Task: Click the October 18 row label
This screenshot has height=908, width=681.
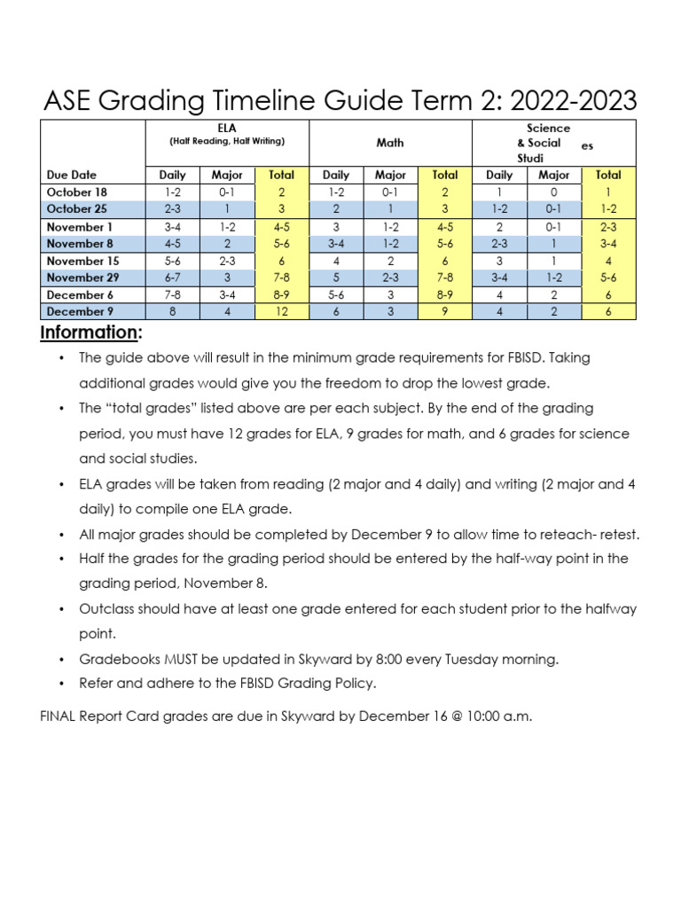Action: pyautogui.click(x=76, y=192)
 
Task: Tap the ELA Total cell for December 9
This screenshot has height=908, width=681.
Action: pyautogui.click(x=281, y=311)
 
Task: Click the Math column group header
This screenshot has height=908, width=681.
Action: pyautogui.click(x=390, y=142)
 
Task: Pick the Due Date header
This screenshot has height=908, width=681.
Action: pyautogui.click(x=72, y=176)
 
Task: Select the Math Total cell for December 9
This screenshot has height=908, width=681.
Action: pyautogui.click(x=444, y=311)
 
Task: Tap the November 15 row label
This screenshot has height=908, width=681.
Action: pyautogui.click(x=82, y=261)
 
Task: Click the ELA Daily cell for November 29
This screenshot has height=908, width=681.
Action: pyautogui.click(x=172, y=278)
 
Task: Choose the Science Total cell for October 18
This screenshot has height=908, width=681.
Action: pyautogui.click(x=608, y=192)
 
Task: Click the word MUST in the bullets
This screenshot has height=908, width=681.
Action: pyautogui.click(x=178, y=660)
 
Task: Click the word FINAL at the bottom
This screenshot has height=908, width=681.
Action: pyautogui.click(x=60, y=716)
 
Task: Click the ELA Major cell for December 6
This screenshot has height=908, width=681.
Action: pyautogui.click(x=227, y=294)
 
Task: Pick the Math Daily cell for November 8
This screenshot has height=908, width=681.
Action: pyautogui.click(x=336, y=244)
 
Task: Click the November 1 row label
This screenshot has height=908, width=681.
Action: pyautogui.click(x=79, y=227)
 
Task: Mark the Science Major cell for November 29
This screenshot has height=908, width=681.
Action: pyautogui.click(x=554, y=278)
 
